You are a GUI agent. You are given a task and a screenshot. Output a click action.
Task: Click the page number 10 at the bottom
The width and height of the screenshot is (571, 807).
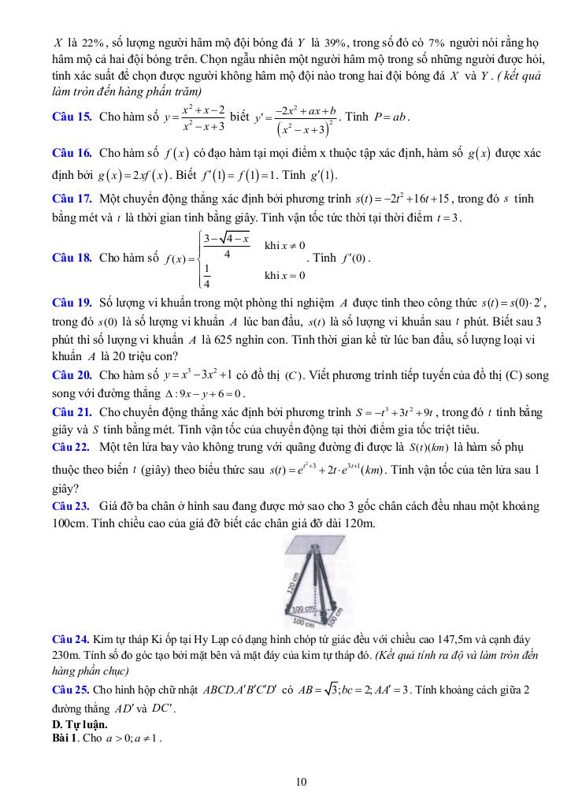click(301, 782)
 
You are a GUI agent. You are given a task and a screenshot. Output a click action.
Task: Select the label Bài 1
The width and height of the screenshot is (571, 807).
click(65, 737)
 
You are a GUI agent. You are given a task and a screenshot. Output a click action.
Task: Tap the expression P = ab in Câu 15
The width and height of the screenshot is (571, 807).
click(391, 117)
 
